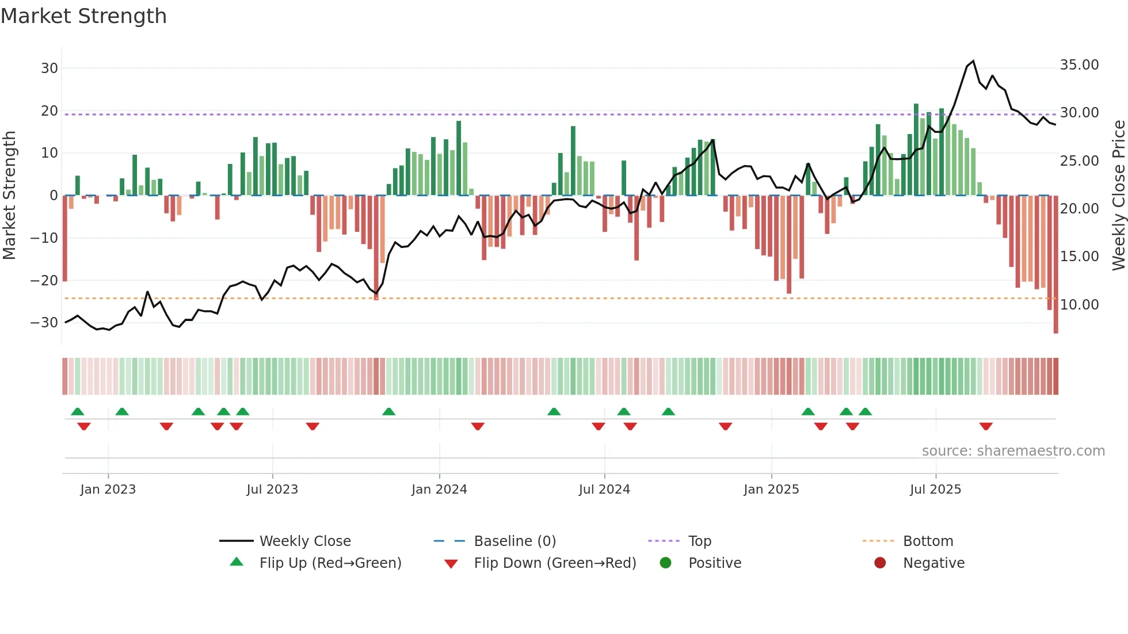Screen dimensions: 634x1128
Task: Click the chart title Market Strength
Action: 83,16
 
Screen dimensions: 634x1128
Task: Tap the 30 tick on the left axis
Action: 49,68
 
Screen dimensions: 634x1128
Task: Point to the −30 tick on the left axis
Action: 44,323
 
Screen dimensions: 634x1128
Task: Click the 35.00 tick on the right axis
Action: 1079,65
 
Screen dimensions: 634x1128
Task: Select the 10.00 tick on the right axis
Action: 1079,305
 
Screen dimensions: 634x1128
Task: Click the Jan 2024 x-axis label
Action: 439,490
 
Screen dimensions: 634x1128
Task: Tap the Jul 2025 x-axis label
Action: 935,490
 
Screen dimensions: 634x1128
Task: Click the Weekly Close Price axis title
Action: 1118,196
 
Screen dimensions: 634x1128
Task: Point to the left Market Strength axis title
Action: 9,196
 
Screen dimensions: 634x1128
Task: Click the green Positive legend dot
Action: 666,563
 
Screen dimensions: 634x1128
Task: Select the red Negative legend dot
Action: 880,563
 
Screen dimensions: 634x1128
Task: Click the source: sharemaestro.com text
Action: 1013,451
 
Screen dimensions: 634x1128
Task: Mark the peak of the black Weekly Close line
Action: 973,61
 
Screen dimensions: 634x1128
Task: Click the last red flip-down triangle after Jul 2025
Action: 986,426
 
